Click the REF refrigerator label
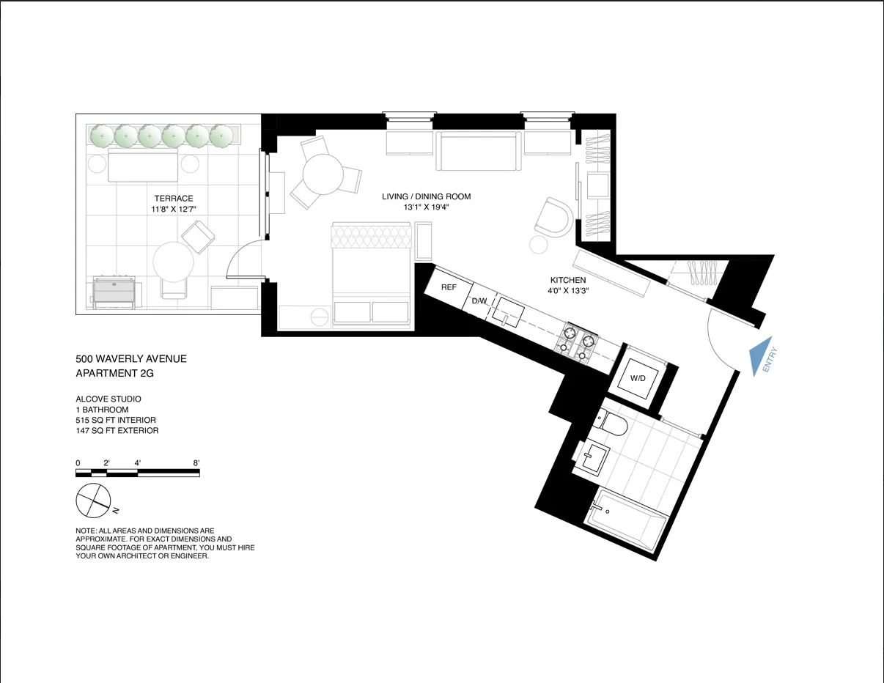(x=449, y=287)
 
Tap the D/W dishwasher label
(x=479, y=301)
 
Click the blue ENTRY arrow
(x=762, y=356)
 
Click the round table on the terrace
(x=173, y=262)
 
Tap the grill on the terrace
(x=113, y=292)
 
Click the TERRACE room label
(x=174, y=199)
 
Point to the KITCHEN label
(x=568, y=280)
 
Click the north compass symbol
(x=93, y=502)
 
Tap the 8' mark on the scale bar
(x=196, y=463)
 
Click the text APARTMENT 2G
(x=115, y=373)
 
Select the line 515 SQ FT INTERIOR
(x=116, y=420)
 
